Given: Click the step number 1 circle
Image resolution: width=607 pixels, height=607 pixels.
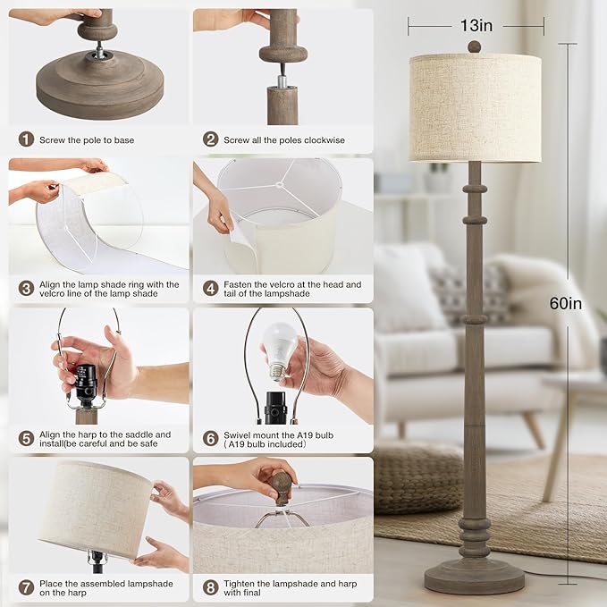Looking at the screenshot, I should [26, 139].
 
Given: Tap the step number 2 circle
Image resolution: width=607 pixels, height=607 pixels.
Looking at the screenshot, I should [211, 139].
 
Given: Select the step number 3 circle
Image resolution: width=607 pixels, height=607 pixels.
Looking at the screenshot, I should [26, 289].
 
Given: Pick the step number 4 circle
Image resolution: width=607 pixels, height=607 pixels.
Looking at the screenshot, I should [211, 289].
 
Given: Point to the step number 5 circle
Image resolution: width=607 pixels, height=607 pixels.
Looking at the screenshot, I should [26, 438].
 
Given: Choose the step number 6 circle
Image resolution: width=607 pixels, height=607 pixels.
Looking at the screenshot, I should [211, 438].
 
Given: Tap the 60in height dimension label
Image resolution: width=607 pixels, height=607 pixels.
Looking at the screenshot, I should [566, 304].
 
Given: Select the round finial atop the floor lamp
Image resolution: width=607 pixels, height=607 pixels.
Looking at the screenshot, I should [475, 46].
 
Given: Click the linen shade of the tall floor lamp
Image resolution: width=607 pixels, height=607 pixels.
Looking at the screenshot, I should [475, 107].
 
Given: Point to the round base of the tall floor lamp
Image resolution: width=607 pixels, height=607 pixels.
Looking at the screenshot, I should [474, 577].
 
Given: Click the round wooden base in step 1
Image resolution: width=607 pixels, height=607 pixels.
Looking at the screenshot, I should [99, 89].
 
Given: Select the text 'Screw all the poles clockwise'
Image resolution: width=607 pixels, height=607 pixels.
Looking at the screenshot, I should [284, 139].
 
